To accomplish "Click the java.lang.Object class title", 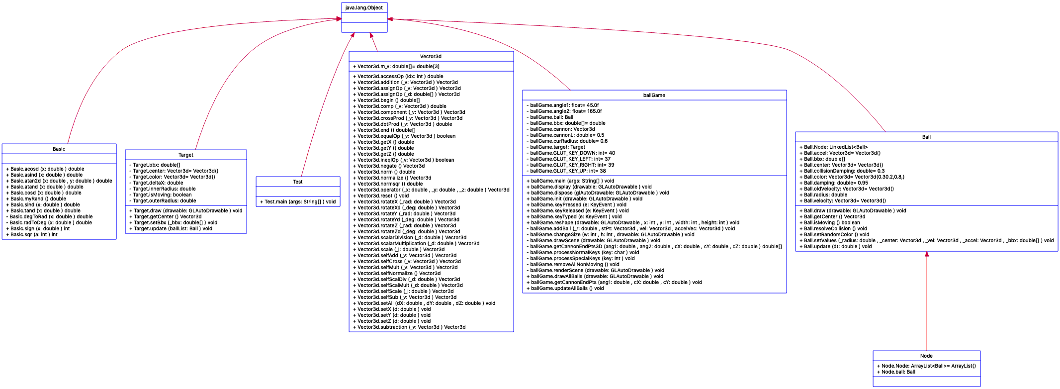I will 364,8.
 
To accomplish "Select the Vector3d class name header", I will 431,57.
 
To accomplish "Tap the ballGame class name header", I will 654,96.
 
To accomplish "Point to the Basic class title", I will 59,149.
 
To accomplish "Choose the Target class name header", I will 185,155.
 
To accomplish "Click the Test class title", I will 297,182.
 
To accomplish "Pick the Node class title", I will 926,356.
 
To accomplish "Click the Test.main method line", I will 297,202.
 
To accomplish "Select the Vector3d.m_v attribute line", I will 396,67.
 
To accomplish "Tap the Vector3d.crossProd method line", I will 407,118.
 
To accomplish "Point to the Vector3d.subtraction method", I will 409,327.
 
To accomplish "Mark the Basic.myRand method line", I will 36,199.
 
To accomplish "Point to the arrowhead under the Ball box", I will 927,254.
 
